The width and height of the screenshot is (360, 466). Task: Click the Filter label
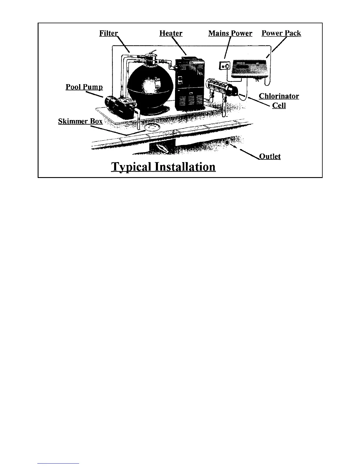click(x=109, y=33)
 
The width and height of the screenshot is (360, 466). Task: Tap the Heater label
click(x=171, y=33)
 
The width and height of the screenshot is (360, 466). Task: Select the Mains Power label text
click(x=230, y=33)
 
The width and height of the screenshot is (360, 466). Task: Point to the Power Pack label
click(x=281, y=33)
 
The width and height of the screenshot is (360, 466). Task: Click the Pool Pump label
click(x=84, y=87)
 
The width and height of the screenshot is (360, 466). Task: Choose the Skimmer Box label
click(x=80, y=121)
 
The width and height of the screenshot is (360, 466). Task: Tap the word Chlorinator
click(x=279, y=96)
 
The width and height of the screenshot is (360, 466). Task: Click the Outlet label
click(x=270, y=156)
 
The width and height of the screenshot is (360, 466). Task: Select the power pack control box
click(x=250, y=68)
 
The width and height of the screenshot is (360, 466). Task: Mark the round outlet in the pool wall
click(x=227, y=143)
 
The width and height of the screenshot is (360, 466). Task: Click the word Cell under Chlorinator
click(x=279, y=105)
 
